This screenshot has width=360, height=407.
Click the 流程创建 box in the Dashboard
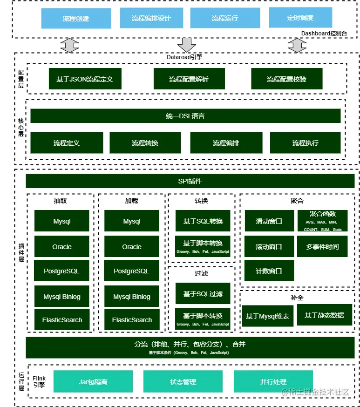pyautogui.click(x=75, y=19)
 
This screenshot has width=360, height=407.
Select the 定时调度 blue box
pyautogui.click(x=300, y=18)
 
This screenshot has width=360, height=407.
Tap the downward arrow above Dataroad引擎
pyautogui.click(x=187, y=45)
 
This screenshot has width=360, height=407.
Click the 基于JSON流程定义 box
pyautogui.click(x=84, y=79)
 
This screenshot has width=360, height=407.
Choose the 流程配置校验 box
pyautogui.click(x=286, y=79)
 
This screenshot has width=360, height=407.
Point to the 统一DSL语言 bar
pyautogui.click(x=185, y=116)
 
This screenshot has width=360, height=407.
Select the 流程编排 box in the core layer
pyautogui.click(x=226, y=143)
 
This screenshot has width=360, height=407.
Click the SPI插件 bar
pyautogui.click(x=190, y=181)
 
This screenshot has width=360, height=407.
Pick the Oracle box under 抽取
pyautogui.click(x=62, y=247)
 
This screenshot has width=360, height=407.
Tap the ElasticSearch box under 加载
pyautogui.click(x=132, y=320)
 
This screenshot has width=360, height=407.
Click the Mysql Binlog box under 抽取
pyautogui.click(x=62, y=297)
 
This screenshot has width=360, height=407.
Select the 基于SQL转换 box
pyautogui.click(x=203, y=221)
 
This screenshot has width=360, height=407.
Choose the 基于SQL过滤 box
pyautogui.click(x=203, y=294)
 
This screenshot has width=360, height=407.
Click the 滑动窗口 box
pyautogui.click(x=269, y=221)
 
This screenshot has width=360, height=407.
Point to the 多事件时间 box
pyautogui.click(x=322, y=247)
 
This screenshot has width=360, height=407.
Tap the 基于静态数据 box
pyautogui.click(x=324, y=315)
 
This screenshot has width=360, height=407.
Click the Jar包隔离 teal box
pyautogui.click(x=93, y=381)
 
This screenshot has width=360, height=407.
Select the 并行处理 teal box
pyautogui.click(x=273, y=381)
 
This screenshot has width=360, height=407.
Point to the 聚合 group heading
pyautogui.click(x=297, y=201)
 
